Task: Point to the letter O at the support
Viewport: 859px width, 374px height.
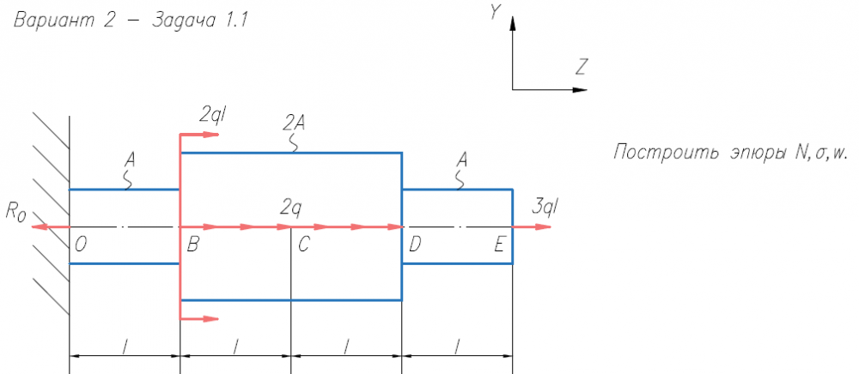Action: pyautogui.click(x=80, y=244)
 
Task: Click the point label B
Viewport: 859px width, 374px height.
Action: pyautogui.click(x=193, y=244)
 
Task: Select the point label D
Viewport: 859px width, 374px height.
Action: pyautogui.click(x=414, y=244)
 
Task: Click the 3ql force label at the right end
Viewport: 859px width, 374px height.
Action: pyautogui.click(x=546, y=207)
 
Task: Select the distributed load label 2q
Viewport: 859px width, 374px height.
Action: pyautogui.click(x=290, y=207)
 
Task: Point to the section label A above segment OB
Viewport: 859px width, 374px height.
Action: pyautogui.click(x=130, y=160)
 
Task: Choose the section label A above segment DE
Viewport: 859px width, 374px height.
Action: pyautogui.click(x=462, y=160)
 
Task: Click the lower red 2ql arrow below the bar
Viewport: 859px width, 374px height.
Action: pyautogui.click(x=199, y=319)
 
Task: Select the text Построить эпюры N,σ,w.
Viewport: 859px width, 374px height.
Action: pyautogui.click(x=730, y=154)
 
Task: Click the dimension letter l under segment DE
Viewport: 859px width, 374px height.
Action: pyautogui.click(x=457, y=345)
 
